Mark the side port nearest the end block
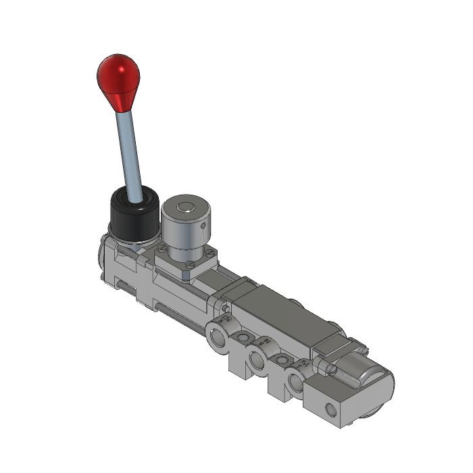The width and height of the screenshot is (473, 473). point(295,382)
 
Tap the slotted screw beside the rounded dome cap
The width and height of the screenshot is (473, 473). point(332,369)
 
